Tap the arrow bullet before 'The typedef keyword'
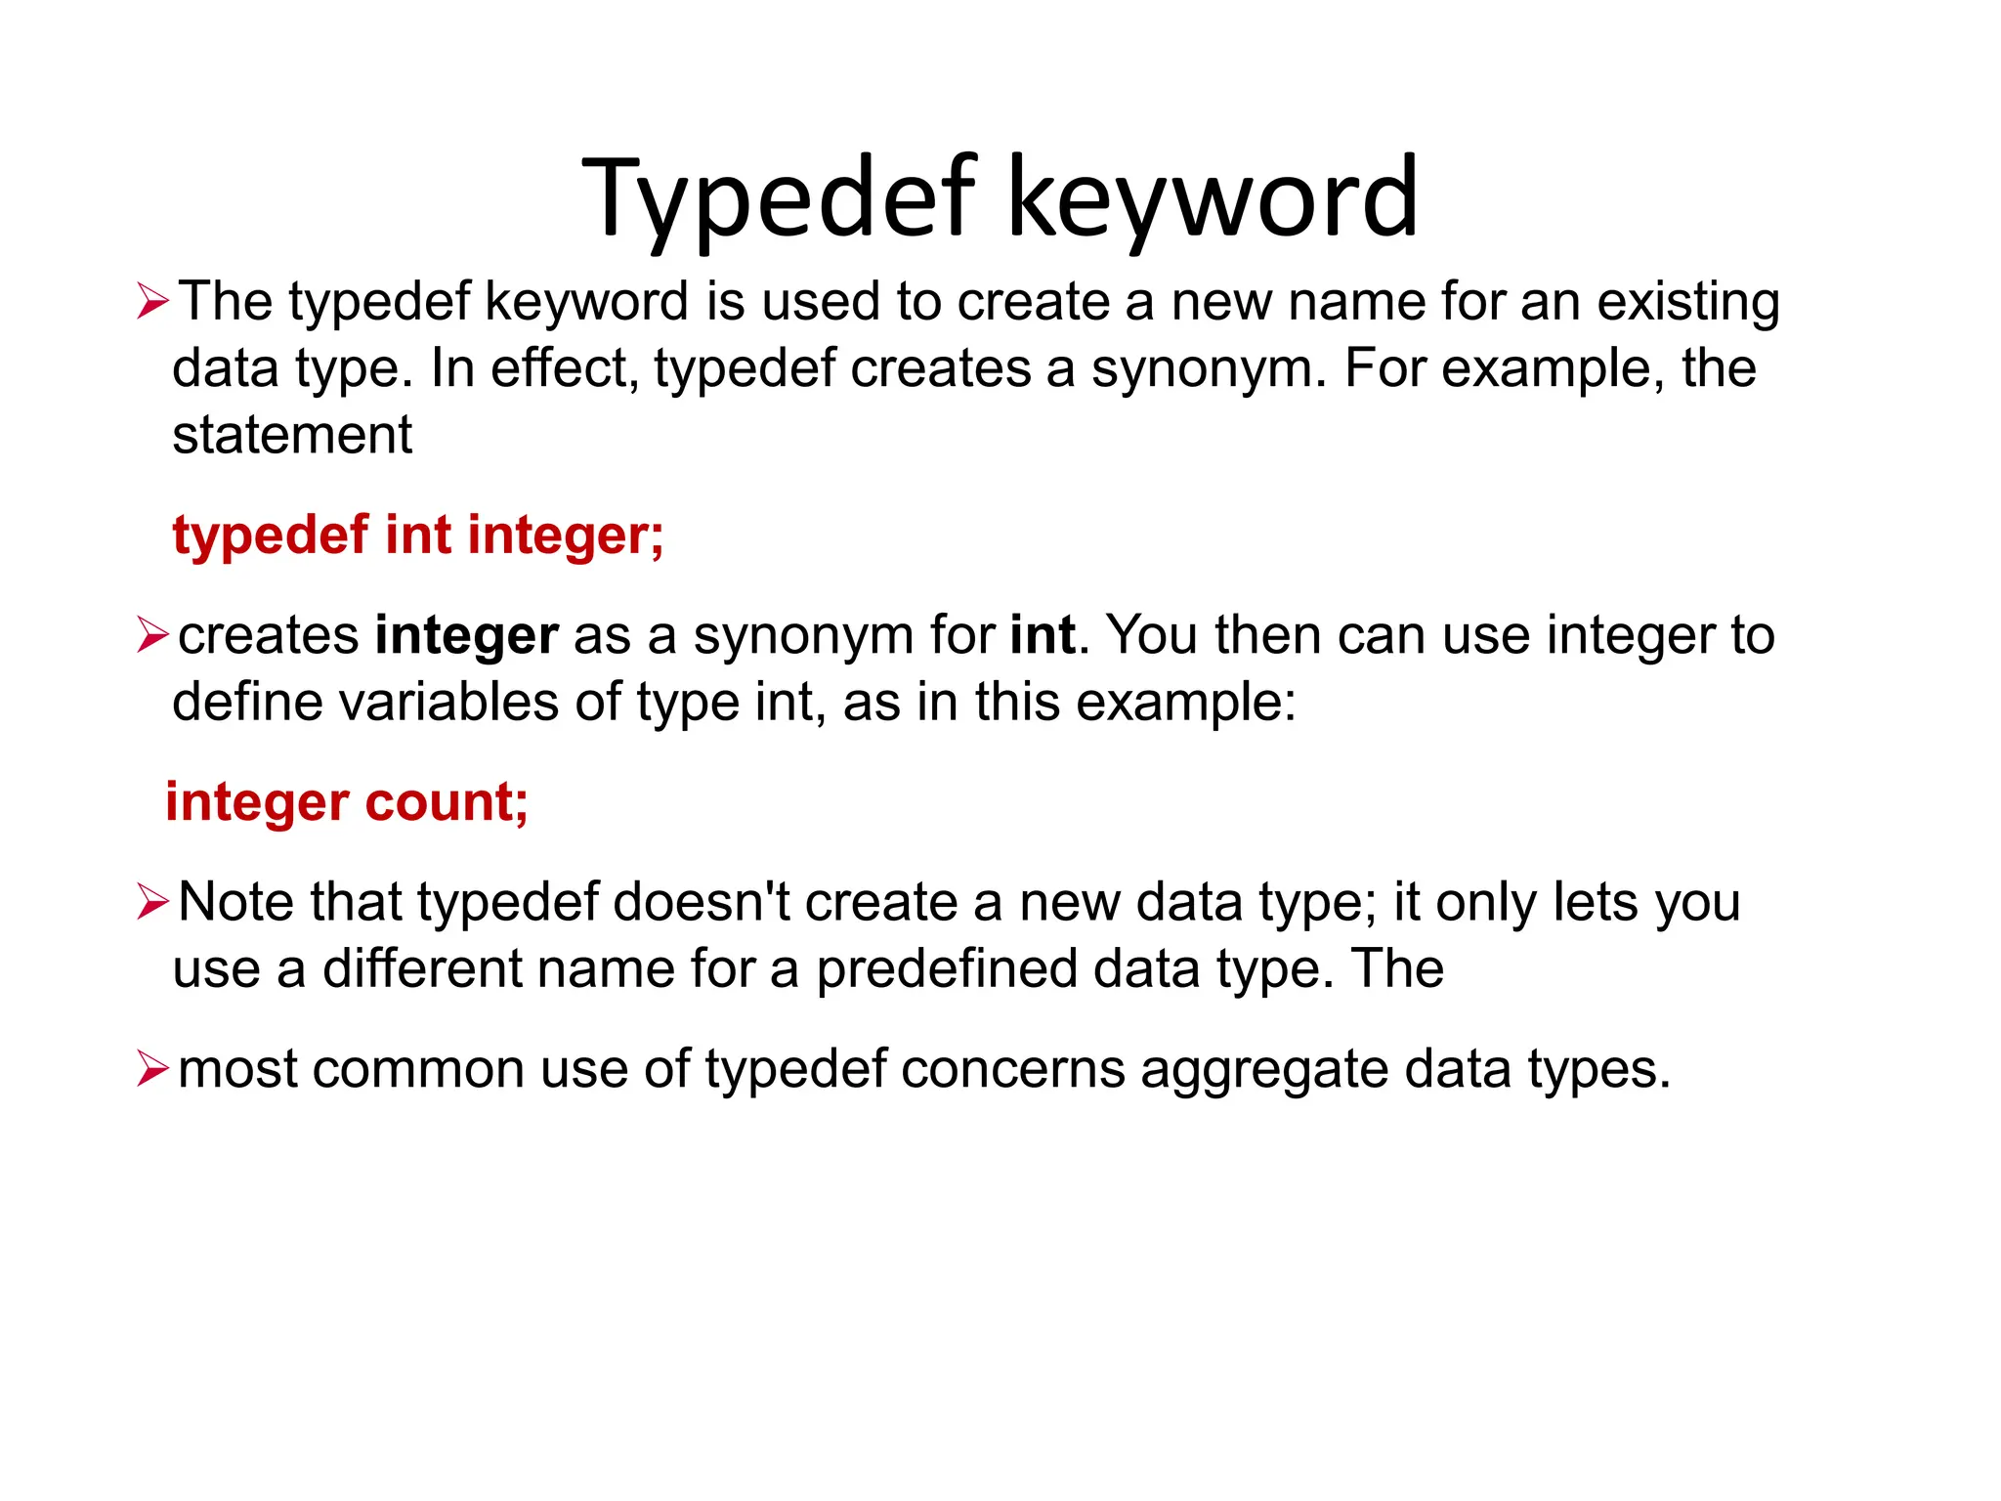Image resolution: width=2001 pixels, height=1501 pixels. tap(153, 301)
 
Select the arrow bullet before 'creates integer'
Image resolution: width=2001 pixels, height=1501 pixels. tap(153, 635)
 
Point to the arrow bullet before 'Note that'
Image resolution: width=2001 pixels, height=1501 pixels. tap(153, 902)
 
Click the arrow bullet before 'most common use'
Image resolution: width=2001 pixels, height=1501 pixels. tap(153, 1069)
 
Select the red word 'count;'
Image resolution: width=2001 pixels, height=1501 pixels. tap(447, 802)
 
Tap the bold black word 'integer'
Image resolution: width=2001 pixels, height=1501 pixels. tap(467, 636)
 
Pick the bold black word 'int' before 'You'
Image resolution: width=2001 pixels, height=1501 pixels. tap(1043, 635)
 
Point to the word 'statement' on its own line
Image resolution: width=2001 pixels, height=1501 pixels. tap(292, 435)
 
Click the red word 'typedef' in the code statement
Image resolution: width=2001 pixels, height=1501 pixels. tap(271, 536)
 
